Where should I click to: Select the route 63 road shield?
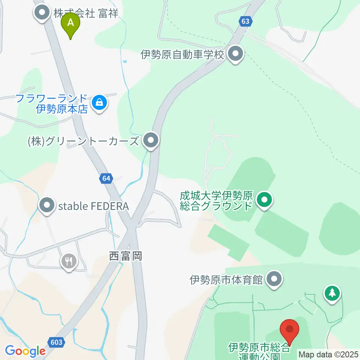[x=245, y=21]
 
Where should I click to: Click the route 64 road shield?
[x=106, y=179]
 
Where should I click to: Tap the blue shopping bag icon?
[x=100, y=102]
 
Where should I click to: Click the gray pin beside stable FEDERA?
[x=47, y=205]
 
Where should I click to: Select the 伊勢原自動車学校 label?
[x=182, y=55]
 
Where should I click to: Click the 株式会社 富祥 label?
[x=85, y=14]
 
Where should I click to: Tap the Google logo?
[x=25, y=351]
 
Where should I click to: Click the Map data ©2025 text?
[x=328, y=354]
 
